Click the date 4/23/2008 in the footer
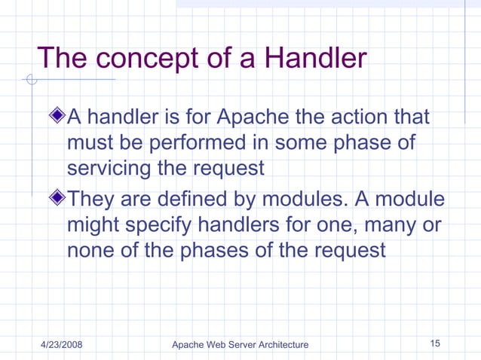click(61, 344)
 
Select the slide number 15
click(435, 343)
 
